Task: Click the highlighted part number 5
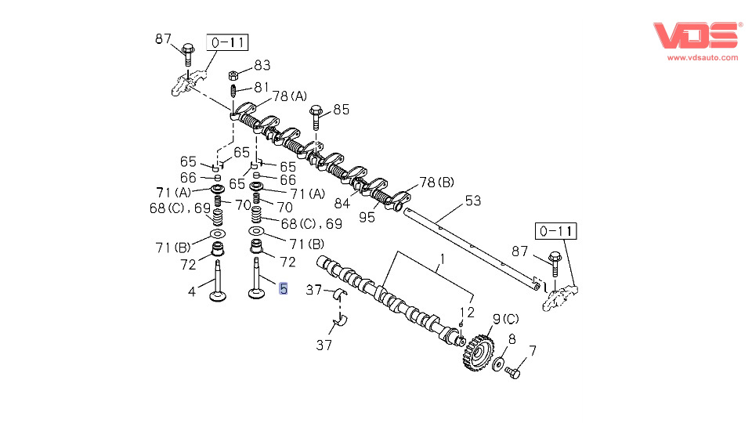[x=284, y=289]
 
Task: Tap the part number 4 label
[x=190, y=293]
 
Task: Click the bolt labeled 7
[x=513, y=371]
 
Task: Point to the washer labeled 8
[x=499, y=364]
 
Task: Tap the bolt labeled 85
[x=316, y=117]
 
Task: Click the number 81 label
[x=261, y=87]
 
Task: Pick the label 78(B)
[x=437, y=183]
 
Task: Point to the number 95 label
[x=367, y=217]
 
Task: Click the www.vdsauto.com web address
[x=703, y=57]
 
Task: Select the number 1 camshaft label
[x=441, y=258]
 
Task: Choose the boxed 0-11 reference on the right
[x=555, y=230]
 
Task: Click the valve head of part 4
[x=218, y=297]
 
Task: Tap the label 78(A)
[x=290, y=96]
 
